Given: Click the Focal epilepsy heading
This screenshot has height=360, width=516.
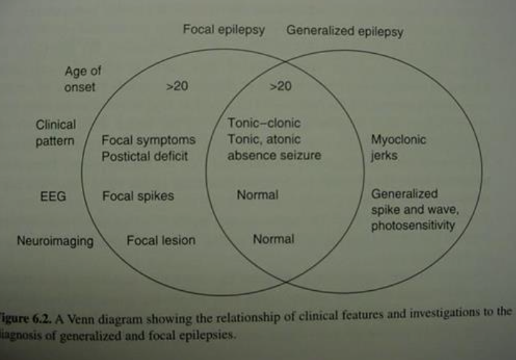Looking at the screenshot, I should [223, 30].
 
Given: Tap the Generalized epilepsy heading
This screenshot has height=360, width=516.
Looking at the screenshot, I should [344, 31].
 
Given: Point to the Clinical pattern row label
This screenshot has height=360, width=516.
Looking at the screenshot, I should [56, 133].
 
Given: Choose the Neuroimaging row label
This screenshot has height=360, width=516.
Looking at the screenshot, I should [56, 241].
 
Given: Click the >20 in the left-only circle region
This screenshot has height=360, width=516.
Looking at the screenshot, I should [177, 86].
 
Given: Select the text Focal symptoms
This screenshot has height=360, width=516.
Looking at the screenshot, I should [149, 140].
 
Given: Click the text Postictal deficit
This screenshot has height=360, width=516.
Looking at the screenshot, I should [145, 156].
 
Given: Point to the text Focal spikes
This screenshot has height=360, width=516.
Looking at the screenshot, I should [138, 196].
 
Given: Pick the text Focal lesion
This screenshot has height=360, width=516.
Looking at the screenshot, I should [161, 241].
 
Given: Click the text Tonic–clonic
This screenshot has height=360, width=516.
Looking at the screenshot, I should [264, 123].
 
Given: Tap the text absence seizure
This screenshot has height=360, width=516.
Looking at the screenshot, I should [274, 156].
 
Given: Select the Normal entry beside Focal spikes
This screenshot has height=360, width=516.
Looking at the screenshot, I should [257, 195].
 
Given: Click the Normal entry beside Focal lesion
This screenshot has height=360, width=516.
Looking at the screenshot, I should [273, 240].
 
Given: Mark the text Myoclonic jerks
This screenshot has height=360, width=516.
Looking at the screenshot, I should [398, 148].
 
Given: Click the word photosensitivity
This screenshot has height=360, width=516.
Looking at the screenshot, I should [413, 225].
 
